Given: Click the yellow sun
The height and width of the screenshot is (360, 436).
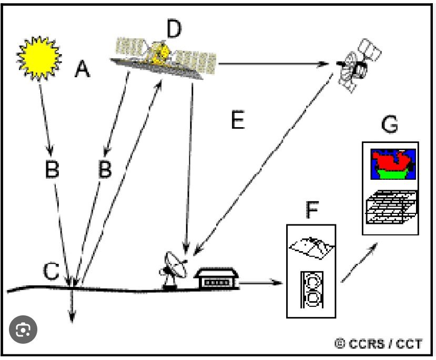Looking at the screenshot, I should tap(39, 56).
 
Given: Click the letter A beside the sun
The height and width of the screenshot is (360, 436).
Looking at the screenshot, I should tap(82, 69).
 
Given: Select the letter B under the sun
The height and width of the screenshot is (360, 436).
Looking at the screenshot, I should tap(52, 169).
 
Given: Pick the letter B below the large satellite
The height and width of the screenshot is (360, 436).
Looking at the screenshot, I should tap(106, 169).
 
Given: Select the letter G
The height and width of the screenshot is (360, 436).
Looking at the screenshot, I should tap(389, 126).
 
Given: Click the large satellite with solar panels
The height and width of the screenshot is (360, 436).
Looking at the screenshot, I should tap(166, 57).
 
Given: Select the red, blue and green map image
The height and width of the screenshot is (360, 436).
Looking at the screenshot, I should tap(392, 164).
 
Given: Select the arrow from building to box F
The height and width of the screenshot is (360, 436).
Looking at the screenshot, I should tap(260, 283).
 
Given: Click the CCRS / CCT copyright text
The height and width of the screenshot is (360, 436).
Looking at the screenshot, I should tap(378, 344).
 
